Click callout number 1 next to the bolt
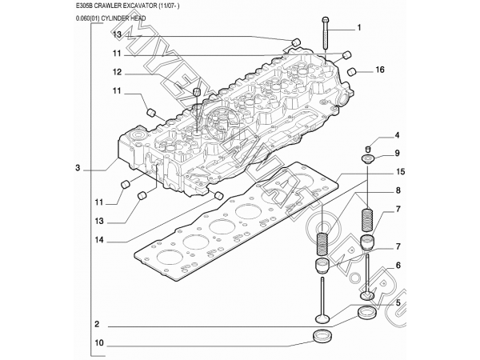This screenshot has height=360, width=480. coord(359,28)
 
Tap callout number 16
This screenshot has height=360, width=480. coord(381,70)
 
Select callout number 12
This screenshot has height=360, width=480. coord(116,73)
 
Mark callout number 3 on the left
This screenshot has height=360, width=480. coord(78,168)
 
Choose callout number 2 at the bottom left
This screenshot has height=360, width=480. coord(96,324)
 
